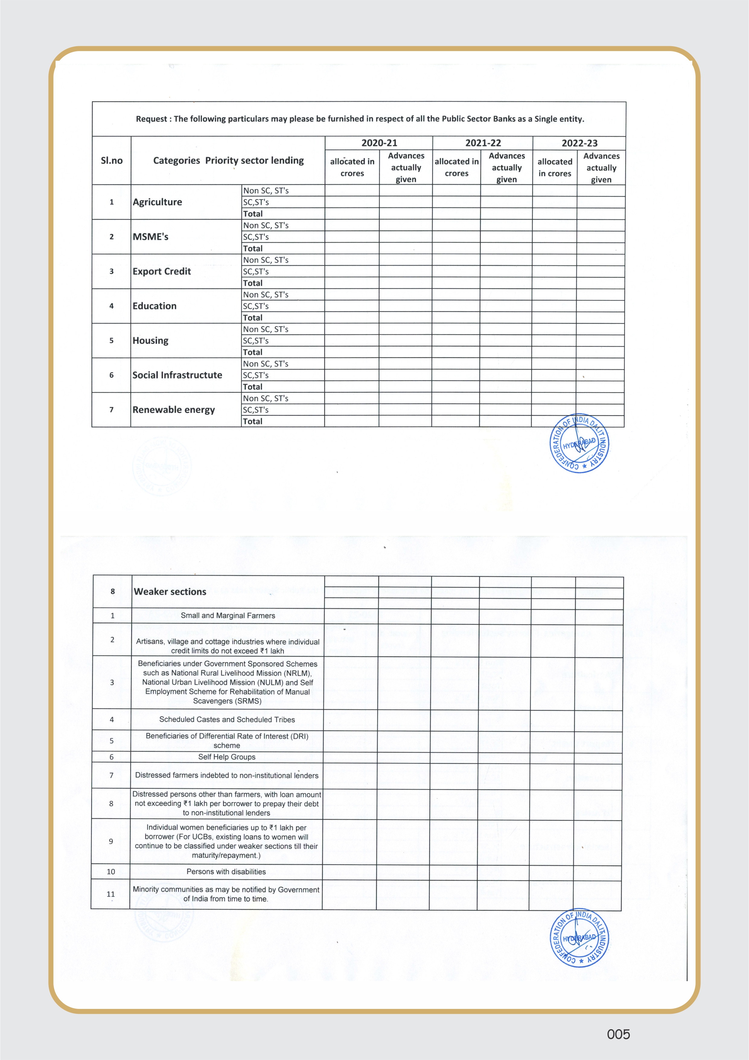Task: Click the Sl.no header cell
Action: tap(112, 161)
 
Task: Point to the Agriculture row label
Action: tap(157, 202)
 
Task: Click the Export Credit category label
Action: tap(161, 271)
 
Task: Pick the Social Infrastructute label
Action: tap(177, 375)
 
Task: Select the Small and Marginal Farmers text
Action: tap(228, 616)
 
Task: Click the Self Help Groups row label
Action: tap(227, 757)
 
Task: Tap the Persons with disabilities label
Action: tap(226, 872)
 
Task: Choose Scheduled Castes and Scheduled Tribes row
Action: tap(227, 719)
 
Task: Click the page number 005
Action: tap(618, 1034)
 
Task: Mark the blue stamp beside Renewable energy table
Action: tap(579, 443)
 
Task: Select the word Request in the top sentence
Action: tap(151, 119)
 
